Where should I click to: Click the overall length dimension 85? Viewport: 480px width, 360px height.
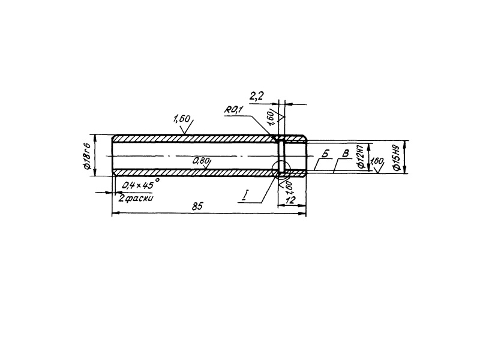[196, 206]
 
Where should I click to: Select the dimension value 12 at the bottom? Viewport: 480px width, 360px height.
[292, 200]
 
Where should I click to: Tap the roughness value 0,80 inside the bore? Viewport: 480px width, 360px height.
[202, 161]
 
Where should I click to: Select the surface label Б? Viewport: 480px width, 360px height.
[325, 154]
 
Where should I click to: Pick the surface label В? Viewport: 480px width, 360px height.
[344, 154]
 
